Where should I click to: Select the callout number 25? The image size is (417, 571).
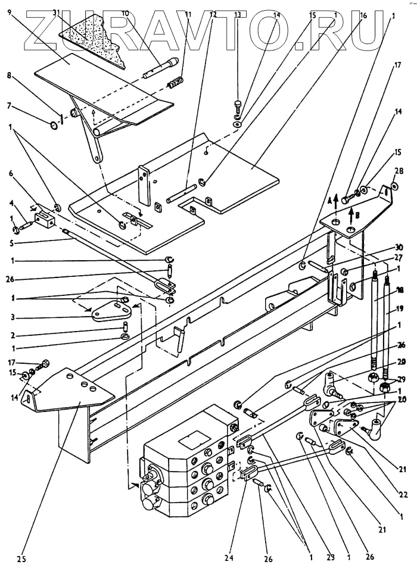click(21, 558)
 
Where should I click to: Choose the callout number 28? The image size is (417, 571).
click(399, 171)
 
